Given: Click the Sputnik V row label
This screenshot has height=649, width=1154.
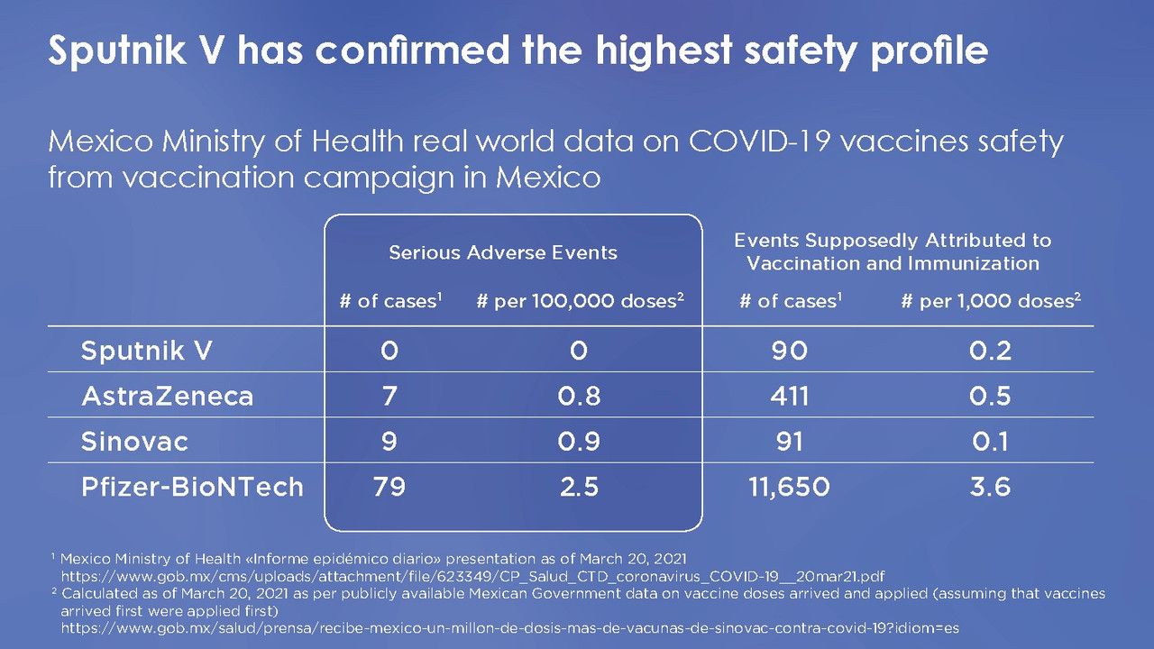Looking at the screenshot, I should click(146, 351).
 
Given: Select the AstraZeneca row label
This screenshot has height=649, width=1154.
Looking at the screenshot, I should click(167, 396).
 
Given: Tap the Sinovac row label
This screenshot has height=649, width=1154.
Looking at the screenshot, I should click(135, 442).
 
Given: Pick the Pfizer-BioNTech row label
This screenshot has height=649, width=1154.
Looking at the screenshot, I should click(192, 488).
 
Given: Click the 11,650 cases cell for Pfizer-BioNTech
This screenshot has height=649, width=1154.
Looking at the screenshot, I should click(789, 488).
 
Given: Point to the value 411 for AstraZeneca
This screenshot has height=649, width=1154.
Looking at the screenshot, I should click(789, 396).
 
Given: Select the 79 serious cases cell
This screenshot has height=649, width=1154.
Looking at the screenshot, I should click(389, 488).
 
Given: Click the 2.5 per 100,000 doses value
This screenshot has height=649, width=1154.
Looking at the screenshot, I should click(579, 488).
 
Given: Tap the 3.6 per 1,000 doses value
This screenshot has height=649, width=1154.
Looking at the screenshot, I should click(990, 488).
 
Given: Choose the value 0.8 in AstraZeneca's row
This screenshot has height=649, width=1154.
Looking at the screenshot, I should click(579, 396).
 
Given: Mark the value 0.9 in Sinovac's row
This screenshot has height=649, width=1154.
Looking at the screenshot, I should click(579, 442).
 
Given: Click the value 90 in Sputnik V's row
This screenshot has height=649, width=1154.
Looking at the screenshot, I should click(789, 351).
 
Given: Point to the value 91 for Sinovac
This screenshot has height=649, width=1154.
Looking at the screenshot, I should click(789, 442).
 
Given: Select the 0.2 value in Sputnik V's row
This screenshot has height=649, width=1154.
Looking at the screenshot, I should click(990, 351).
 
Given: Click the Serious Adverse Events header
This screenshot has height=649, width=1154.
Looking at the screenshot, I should click(503, 253).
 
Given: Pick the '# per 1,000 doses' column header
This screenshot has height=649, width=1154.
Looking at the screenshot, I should click(991, 301).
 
